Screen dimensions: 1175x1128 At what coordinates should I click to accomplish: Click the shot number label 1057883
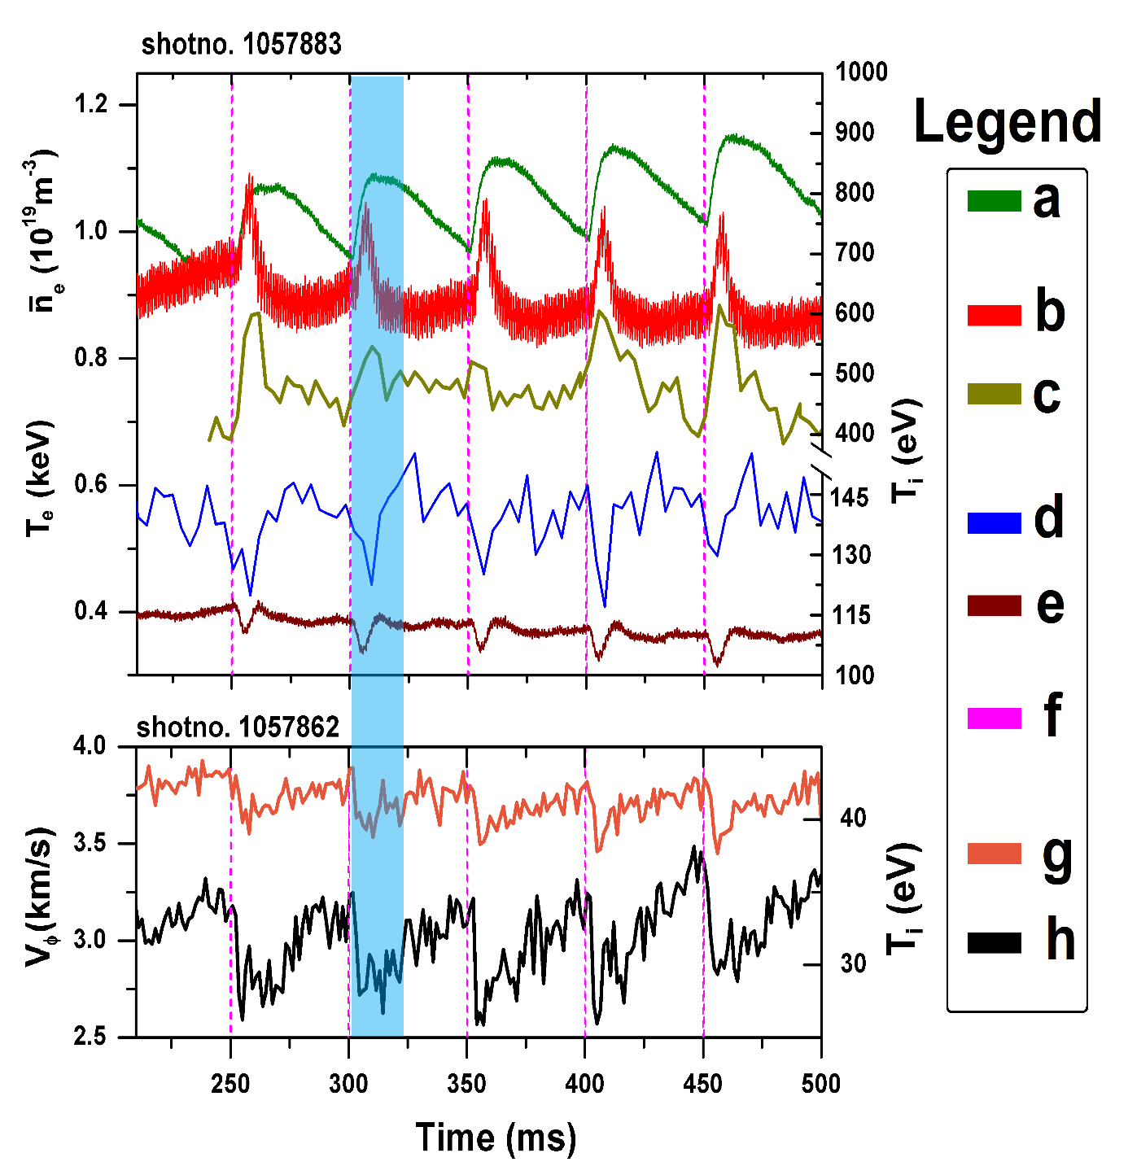pos(241,44)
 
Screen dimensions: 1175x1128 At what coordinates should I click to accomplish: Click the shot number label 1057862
pos(238,727)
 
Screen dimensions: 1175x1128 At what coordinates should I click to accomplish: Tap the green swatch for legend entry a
pos(994,201)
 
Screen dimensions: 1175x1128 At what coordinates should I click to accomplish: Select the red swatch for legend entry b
pos(994,316)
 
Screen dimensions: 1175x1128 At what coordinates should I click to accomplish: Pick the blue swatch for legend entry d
pos(994,523)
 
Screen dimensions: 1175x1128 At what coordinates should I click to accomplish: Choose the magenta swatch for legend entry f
pos(994,719)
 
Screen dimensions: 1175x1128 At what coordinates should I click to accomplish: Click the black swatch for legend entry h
pos(994,942)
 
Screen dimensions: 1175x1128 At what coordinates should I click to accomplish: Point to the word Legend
pos(1008,122)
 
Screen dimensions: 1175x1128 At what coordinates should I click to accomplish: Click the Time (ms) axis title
pos(496,1138)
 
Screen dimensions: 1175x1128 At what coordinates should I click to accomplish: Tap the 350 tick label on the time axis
pos(467,1084)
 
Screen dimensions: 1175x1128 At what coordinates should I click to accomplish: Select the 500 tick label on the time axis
pos(820,1084)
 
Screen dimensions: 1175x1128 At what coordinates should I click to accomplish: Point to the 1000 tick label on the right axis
pos(861,72)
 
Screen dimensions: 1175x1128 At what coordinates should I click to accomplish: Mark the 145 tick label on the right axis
pos(851,496)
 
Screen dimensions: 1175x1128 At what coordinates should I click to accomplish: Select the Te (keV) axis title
pos(39,480)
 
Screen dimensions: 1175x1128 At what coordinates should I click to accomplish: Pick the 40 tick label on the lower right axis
pos(853,818)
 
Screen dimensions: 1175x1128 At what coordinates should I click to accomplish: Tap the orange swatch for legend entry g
pos(994,854)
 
